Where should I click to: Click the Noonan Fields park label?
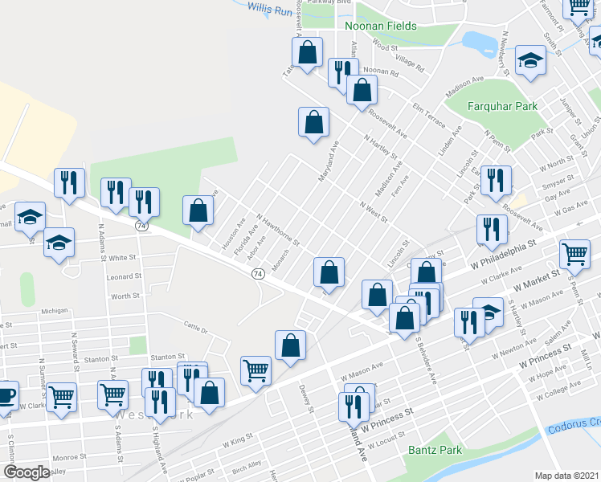point(381,26)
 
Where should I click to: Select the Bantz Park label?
point(435,450)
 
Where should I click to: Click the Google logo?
point(27,472)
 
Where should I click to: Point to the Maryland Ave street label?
point(329,159)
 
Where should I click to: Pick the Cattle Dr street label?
point(195,329)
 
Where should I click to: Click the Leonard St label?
point(124,277)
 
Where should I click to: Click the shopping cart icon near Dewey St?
point(256,370)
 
